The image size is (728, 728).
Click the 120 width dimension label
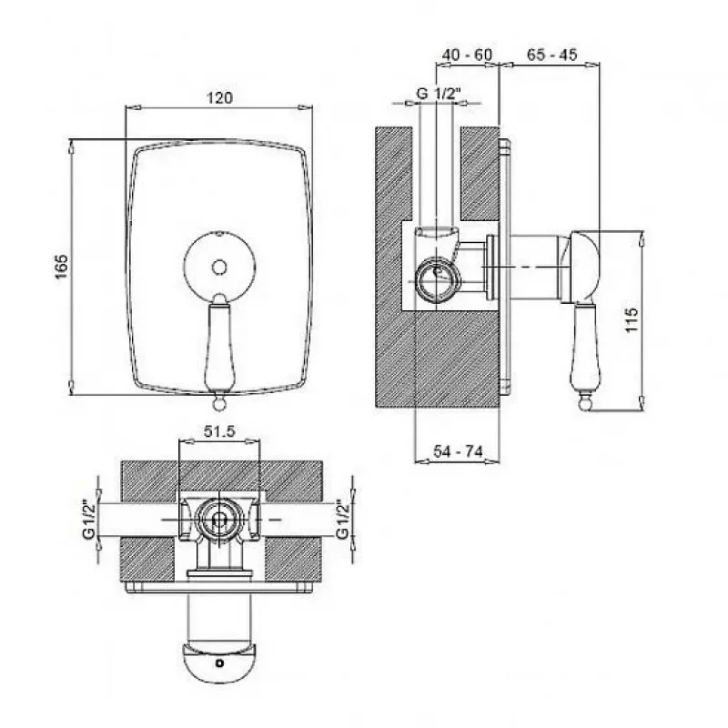(219, 98)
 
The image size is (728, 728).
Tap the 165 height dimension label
(62, 267)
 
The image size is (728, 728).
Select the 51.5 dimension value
(219, 431)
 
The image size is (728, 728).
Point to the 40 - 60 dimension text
(467, 55)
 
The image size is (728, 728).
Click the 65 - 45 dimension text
(551, 55)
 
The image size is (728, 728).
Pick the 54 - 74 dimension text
(458, 450)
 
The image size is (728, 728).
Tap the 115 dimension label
(632, 319)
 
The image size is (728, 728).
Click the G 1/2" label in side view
(438, 93)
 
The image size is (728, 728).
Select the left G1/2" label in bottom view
(88, 519)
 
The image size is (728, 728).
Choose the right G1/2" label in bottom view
(342, 519)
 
